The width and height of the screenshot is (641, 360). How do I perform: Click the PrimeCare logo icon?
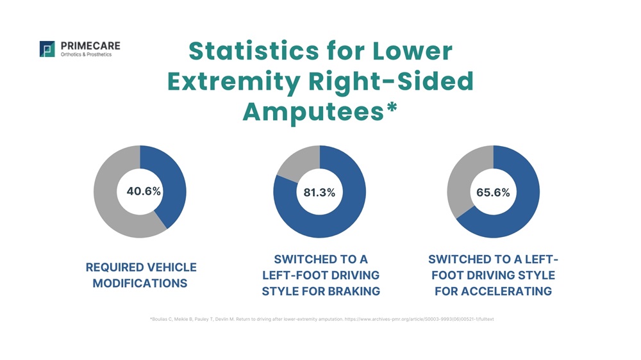(x=47, y=49)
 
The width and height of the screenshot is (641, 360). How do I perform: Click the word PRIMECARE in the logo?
(x=90, y=46)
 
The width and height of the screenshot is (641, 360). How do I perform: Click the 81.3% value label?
(x=319, y=192)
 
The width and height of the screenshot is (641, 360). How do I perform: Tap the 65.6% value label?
(x=493, y=192)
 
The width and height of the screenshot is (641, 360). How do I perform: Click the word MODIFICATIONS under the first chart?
(x=140, y=283)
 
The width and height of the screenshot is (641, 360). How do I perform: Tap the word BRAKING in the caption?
(x=354, y=291)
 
